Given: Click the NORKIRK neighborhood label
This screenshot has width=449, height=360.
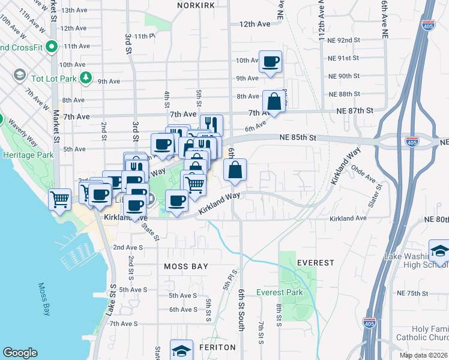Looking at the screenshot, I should (196, 5).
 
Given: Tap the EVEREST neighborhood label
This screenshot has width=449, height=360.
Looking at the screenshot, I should (315, 263).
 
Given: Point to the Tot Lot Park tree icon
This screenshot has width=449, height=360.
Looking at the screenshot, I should (86, 77).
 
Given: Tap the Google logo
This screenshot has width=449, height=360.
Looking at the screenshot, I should (20, 353).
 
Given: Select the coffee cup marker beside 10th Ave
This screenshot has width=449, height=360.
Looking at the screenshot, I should (270, 61).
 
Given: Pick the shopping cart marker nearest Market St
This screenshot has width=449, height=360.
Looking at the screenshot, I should (59, 199).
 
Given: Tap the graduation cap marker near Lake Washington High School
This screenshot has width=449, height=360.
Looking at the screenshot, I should (440, 251).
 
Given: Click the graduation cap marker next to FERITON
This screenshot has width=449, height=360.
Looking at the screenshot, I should (181, 350).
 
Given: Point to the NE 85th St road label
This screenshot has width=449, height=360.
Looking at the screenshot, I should (297, 137).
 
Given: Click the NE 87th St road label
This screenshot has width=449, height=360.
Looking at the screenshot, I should (355, 111).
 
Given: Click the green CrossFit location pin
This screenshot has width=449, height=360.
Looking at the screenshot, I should (52, 46).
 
